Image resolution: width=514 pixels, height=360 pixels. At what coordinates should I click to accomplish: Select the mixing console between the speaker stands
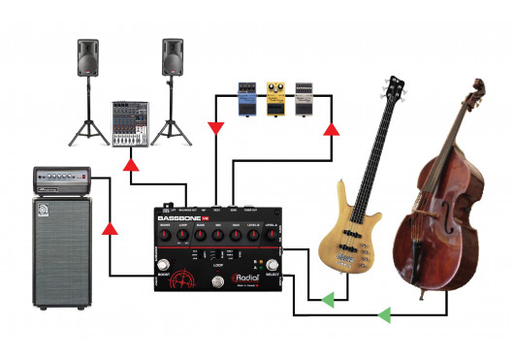[130, 122]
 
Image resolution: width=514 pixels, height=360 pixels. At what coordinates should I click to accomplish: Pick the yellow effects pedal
[275, 96]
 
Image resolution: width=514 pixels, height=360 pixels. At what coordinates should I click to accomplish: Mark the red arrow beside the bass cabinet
[111, 229]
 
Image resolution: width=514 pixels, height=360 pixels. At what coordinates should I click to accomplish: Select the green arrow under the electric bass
[328, 297]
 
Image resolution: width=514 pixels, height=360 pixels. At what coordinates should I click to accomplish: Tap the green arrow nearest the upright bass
[383, 314]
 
